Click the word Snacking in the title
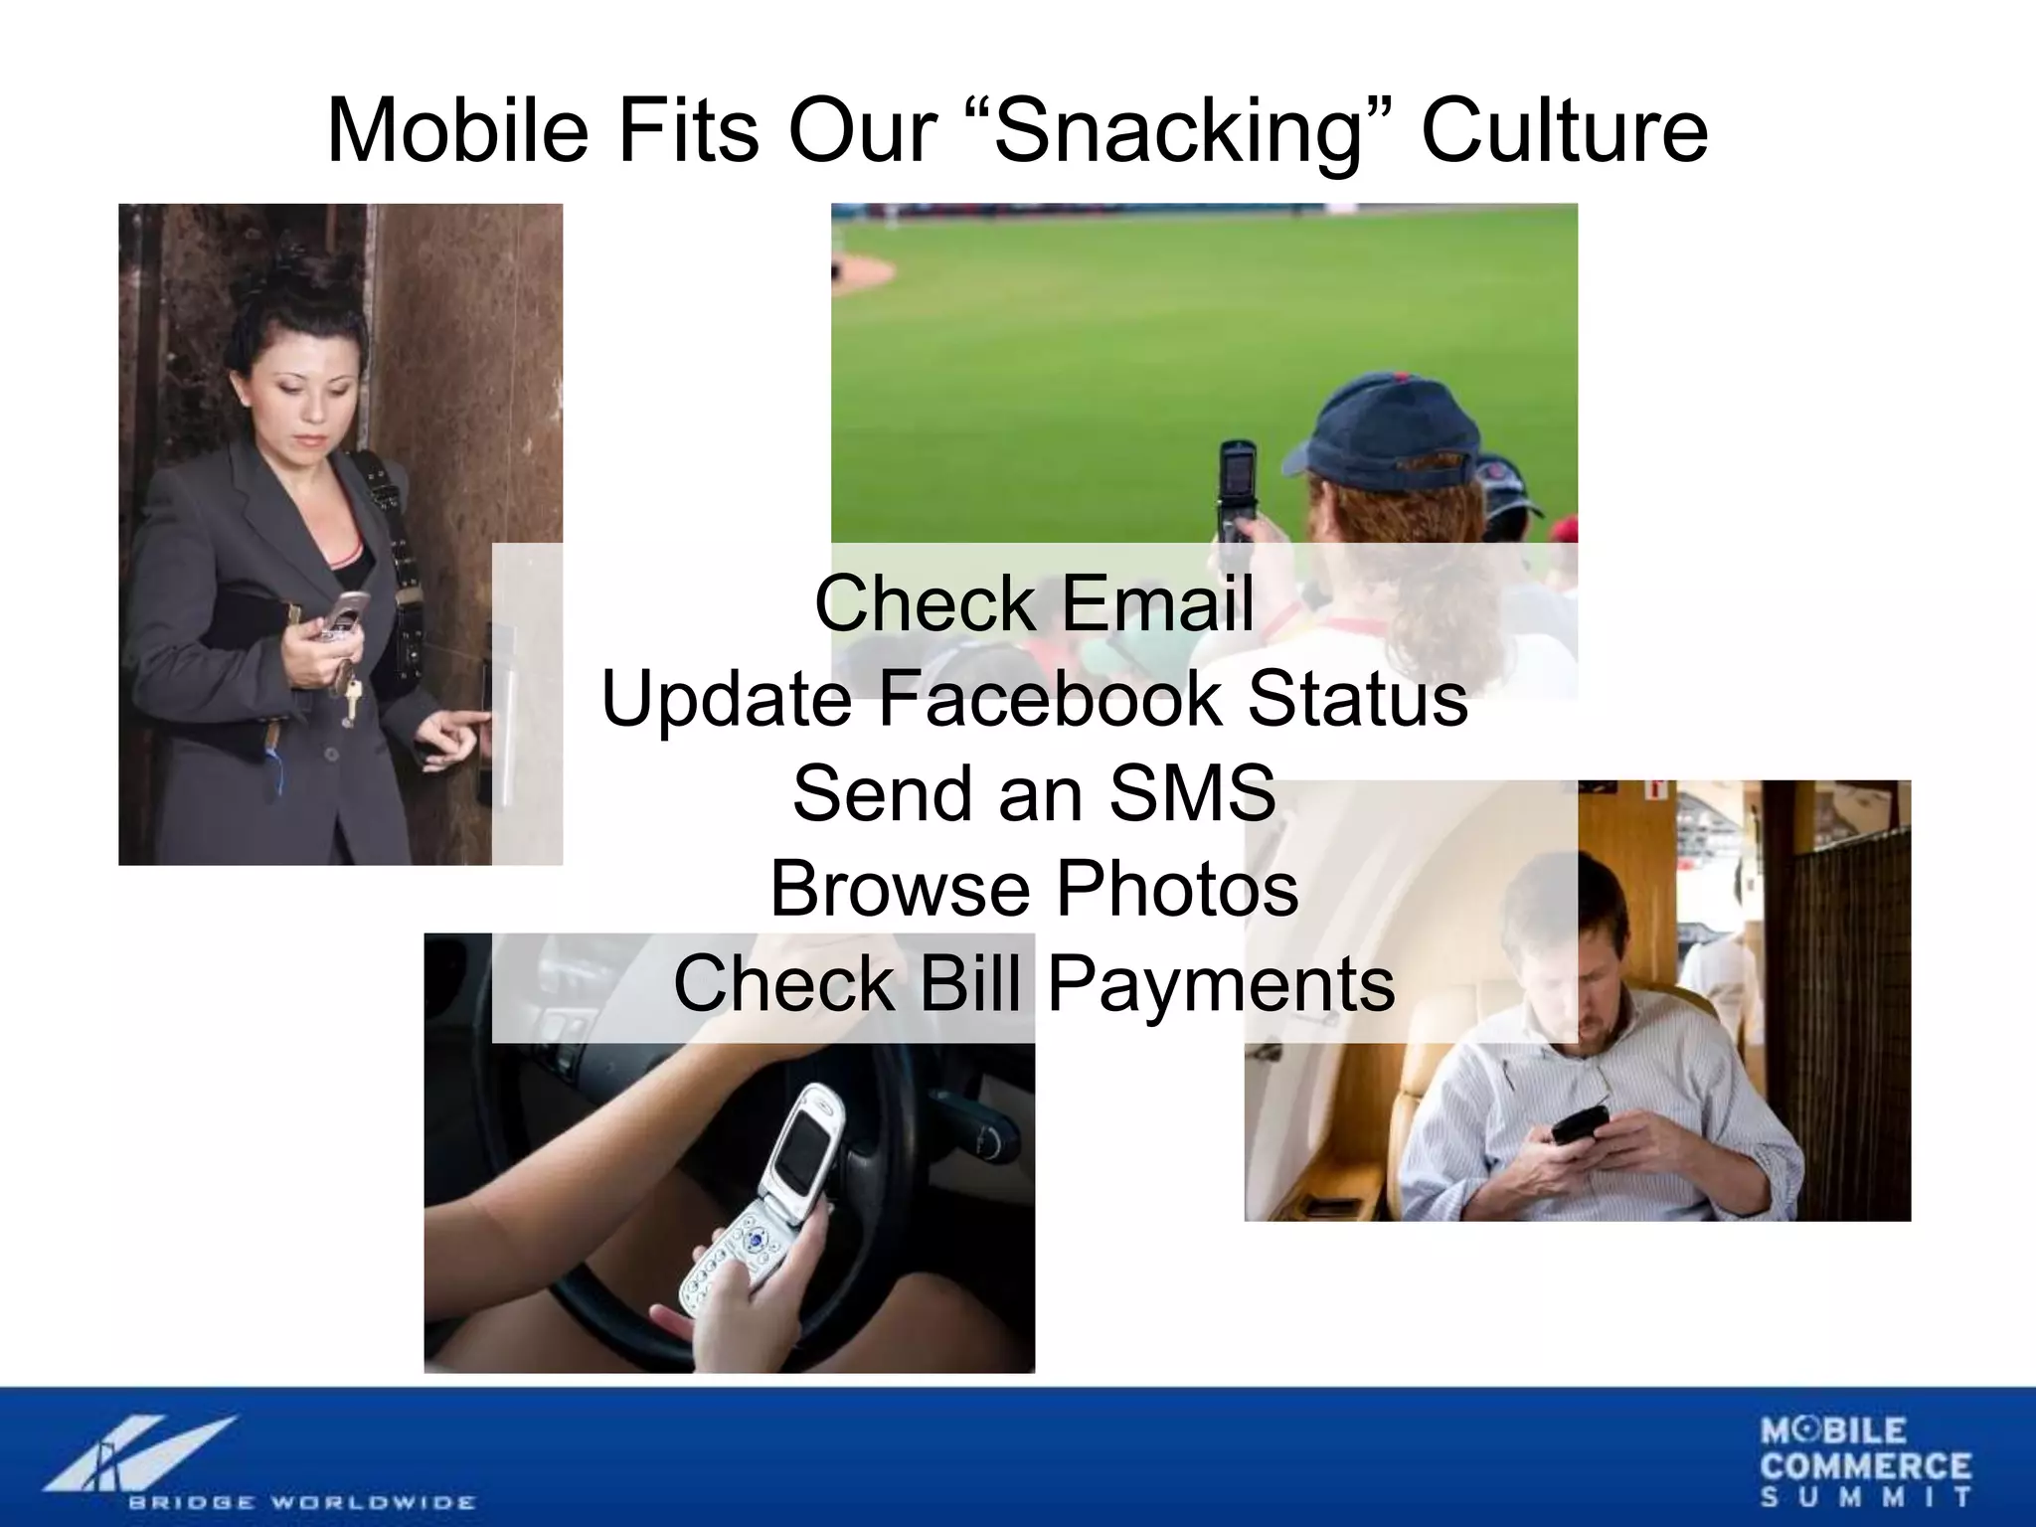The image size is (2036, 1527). tap(1175, 132)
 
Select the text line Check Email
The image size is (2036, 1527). tap(1034, 603)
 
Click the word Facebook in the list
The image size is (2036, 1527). tap(1050, 698)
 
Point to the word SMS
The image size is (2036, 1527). tap(1192, 793)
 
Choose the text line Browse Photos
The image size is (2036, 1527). tap(1034, 888)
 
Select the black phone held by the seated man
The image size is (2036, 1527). tap(1580, 1124)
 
